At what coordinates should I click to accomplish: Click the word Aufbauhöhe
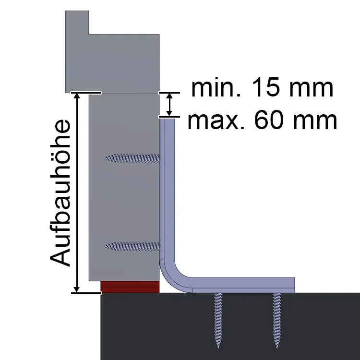tap(60, 193)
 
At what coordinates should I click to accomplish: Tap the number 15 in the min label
tap(267, 87)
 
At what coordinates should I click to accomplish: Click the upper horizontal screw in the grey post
tap(132, 158)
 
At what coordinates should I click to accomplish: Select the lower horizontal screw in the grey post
tap(132, 246)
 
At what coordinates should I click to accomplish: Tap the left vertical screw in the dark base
tap(218, 321)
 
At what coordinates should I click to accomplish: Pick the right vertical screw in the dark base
tap(276, 321)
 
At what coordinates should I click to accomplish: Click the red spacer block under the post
tap(130, 287)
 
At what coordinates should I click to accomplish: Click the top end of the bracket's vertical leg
tap(167, 119)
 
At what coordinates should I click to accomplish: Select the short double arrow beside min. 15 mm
tap(169, 105)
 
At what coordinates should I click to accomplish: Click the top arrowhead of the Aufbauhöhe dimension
tap(77, 96)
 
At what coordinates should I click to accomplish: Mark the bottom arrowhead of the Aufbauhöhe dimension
tap(77, 290)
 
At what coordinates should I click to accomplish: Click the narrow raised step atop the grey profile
tap(77, 23)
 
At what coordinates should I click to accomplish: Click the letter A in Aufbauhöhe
tap(60, 256)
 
